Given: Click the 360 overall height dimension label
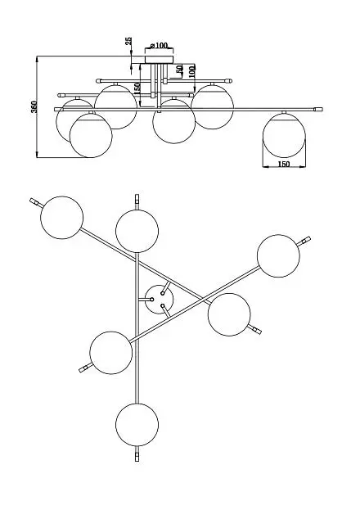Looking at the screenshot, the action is coord(34,106).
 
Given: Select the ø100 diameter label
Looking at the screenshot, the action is coord(159,46).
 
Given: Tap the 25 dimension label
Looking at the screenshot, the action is coord(128,41).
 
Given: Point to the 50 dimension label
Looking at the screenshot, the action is coord(179,69).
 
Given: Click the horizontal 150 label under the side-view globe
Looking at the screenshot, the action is coord(284,165).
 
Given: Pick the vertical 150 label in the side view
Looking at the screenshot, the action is coord(137,88).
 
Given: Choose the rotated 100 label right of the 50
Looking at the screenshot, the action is coord(192,70).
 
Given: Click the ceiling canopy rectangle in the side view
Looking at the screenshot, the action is coord(159,60).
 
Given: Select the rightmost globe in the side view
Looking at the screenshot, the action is coord(284,134).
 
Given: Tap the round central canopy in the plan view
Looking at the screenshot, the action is coord(159,300).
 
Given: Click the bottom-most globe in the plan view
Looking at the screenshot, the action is coord(137,425).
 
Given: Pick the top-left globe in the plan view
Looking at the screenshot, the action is coord(62,217).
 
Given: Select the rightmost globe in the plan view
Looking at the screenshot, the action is coord(278,255).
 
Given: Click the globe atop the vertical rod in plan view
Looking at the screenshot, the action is coord(137,231).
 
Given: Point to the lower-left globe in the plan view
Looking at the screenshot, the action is coord(111,353).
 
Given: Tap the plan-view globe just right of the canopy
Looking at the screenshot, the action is coord(229,314).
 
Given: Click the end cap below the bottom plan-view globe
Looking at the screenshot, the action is coord(137,456).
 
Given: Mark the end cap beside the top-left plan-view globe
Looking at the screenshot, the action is coord(34,201).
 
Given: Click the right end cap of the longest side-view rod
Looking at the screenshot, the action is coord(318,110).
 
